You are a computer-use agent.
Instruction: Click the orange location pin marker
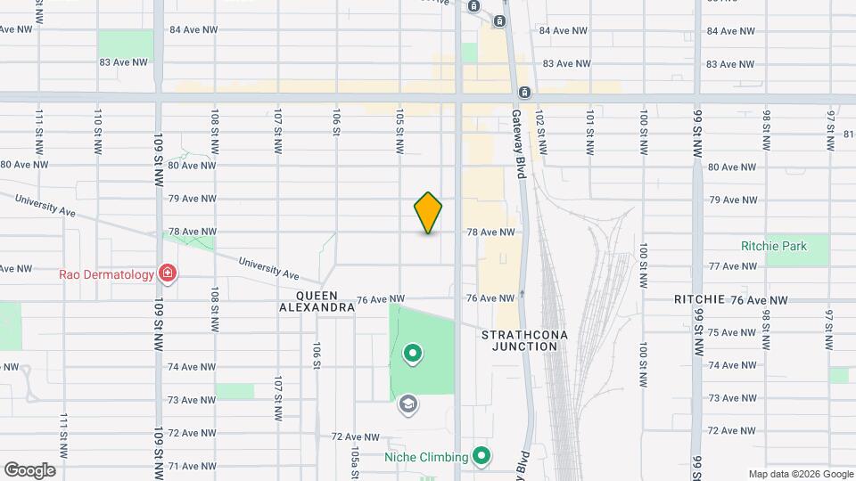[428, 213]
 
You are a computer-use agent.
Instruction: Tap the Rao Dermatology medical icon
[166, 273]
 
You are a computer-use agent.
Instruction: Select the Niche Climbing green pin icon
[481, 458]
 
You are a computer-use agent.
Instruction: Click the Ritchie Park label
[771, 245]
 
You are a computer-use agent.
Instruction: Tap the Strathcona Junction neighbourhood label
[524, 340]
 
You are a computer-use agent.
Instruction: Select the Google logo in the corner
[29, 470]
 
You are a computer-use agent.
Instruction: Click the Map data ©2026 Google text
[800, 474]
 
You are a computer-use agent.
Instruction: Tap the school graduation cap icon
[408, 405]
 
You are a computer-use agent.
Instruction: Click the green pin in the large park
[412, 355]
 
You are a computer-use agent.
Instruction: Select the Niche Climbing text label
[425, 458]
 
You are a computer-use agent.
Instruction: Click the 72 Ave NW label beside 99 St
[731, 431]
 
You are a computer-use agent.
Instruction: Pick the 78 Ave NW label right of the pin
[490, 232]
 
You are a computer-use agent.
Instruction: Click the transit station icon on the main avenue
[525, 93]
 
